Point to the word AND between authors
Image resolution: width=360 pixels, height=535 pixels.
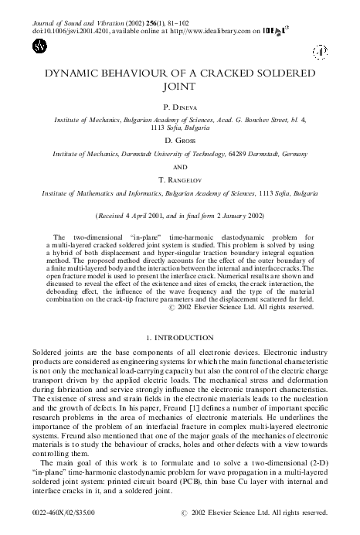180,166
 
